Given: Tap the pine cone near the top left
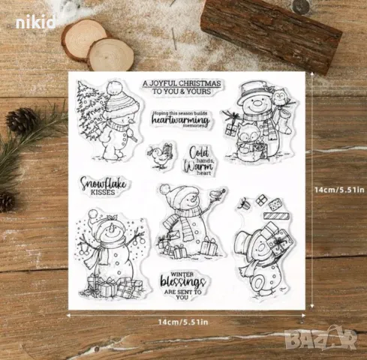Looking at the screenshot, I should point(22,120).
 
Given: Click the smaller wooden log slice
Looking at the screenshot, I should point(111,54).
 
